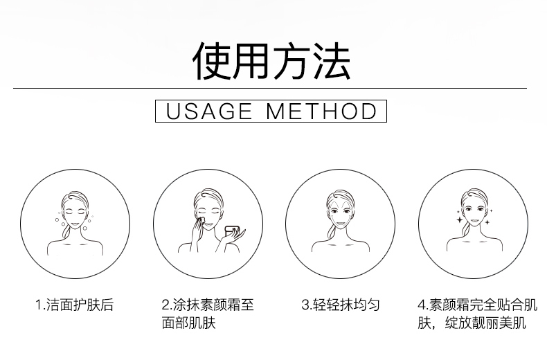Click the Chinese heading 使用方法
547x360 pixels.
click(271, 61)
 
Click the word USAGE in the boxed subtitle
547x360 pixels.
click(209, 111)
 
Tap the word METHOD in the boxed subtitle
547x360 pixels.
click(321, 111)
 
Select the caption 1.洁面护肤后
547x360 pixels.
click(75, 305)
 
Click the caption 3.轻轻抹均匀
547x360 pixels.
click(341, 305)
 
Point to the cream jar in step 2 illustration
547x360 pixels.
click(232, 231)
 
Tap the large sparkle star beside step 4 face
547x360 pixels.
click(460, 219)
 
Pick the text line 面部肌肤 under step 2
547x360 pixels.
click(189, 323)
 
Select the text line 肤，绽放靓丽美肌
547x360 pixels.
click(472, 323)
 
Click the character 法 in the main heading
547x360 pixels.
click(332, 62)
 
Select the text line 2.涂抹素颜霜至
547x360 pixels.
click(208, 305)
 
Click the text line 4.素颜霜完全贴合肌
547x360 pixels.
click(478, 305)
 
